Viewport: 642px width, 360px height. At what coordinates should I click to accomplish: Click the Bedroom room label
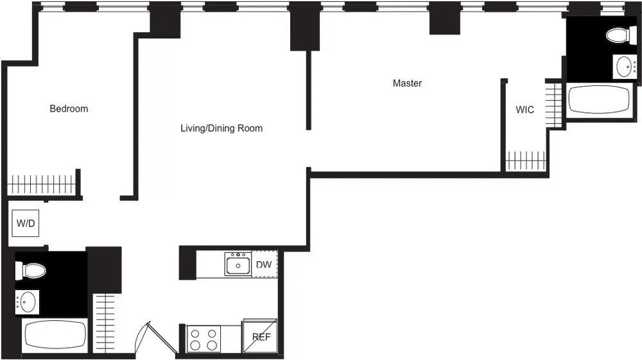point(69,108)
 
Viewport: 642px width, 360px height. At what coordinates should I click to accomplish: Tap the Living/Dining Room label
point(221,128)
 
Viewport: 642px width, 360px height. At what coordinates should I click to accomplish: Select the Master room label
point(407,83)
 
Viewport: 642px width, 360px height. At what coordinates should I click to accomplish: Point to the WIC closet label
point(525,110)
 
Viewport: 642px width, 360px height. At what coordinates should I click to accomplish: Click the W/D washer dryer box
point(26,224)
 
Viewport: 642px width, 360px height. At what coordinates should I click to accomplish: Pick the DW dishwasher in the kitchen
point(264,264)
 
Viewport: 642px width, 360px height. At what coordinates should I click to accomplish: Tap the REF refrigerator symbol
point(260,336)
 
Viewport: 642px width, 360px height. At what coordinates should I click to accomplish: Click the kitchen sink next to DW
point(238,264)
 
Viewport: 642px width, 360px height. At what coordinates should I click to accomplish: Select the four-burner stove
point(204,339)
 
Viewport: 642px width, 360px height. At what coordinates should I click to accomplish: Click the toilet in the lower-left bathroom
point(31,271)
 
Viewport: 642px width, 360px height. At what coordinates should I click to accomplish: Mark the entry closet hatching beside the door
point(106,321)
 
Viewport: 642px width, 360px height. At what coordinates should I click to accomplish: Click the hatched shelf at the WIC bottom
point(526,160)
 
